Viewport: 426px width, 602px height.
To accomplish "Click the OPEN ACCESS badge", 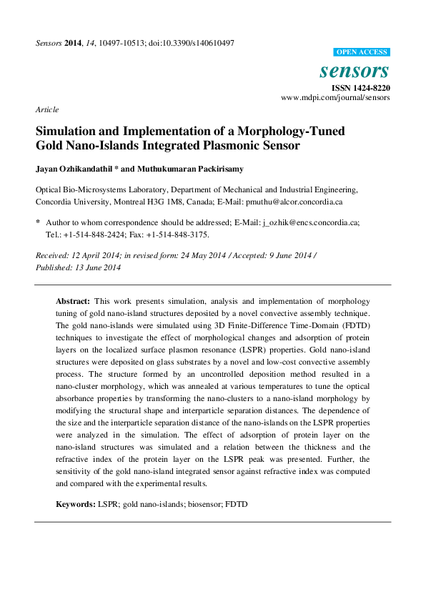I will tap(362, 52).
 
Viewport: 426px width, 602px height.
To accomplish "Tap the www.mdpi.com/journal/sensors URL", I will tap(335, 97).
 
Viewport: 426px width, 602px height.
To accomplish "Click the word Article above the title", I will tap(46, 109).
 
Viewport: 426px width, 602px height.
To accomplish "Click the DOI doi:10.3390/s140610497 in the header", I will tap(192, 43).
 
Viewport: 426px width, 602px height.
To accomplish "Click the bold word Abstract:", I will tap(74, 302).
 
